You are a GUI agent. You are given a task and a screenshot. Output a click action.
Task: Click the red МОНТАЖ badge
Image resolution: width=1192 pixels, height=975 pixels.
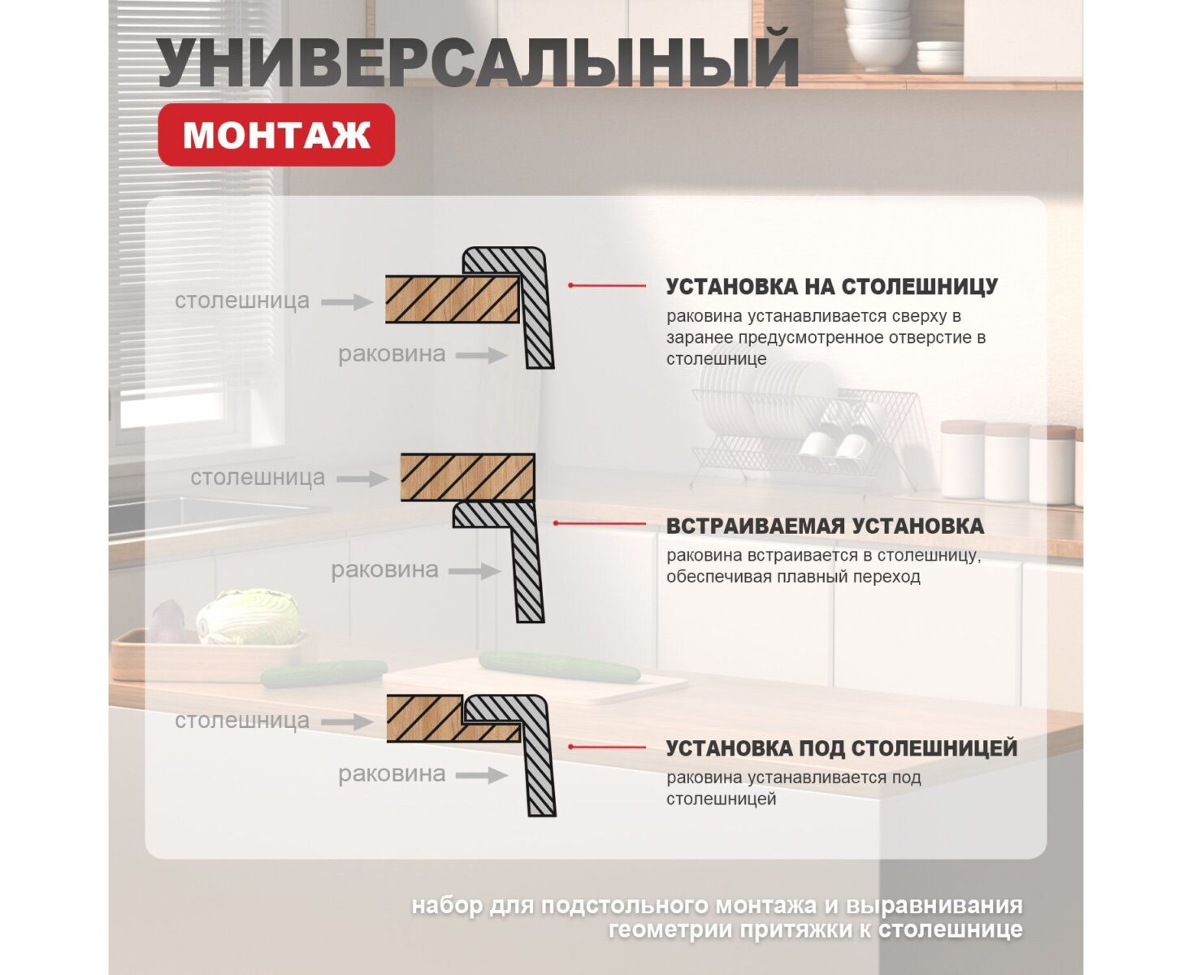point(276,135)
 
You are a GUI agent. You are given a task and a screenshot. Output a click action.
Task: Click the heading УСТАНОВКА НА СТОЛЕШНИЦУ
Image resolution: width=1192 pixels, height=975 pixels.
point(831,287)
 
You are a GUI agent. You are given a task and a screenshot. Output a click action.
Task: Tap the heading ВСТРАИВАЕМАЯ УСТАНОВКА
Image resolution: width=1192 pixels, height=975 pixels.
point(825,526)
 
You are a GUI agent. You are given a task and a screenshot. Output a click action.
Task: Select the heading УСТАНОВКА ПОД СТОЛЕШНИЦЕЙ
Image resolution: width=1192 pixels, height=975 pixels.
point(841,748)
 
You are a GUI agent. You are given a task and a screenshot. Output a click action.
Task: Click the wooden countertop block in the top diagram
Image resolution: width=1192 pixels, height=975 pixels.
point(451,299)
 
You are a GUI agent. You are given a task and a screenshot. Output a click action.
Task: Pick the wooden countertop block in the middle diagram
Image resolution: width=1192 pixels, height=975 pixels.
point(467,477)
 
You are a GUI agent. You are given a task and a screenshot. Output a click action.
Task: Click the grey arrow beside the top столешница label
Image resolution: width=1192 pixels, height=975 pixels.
point(347,301)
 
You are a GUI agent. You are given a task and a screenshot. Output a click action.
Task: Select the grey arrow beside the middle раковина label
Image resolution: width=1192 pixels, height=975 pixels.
point(475,571)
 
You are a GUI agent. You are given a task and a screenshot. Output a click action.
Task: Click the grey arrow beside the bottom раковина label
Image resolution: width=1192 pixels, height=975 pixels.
point(482,775)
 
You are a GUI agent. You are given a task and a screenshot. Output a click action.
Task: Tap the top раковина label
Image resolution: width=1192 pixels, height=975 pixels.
point(392,354)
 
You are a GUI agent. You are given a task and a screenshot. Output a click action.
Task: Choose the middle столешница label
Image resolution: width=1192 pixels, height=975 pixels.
point(258,478)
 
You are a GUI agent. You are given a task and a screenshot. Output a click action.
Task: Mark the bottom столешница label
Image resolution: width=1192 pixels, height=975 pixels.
point(242,721)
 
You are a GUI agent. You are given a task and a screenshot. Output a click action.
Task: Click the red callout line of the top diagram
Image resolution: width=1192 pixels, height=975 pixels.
point(607,286)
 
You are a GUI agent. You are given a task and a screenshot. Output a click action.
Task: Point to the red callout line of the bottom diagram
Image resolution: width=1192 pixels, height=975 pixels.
point(607,747)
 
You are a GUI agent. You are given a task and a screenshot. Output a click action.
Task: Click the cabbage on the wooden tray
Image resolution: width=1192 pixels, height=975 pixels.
point(248,616)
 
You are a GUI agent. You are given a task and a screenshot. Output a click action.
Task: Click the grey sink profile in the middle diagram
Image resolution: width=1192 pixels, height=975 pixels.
point(524,561)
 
